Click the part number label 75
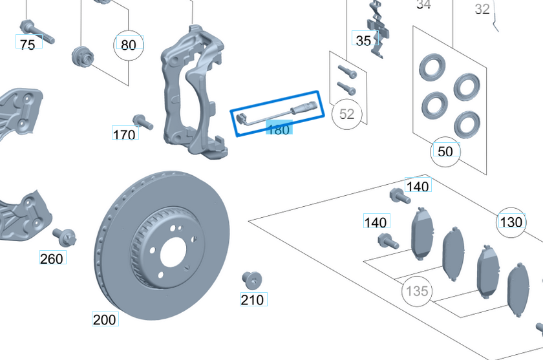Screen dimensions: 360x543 pos(28,44)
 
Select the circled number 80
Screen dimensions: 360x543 pos(129,45)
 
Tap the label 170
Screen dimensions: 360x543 pos(124,134)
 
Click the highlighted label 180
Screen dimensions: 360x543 pos(278,129)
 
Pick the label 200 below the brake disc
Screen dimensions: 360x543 pos(104,319)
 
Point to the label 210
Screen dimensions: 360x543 pos(252,299)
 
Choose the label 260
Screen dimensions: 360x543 pos(52,259)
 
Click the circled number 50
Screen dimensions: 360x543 pos(445,151)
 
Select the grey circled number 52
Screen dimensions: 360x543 pos(347,114)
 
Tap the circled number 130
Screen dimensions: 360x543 pos(511,222)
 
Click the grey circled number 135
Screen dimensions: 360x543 pos(417,291)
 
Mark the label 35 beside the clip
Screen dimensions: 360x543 pos(364,40)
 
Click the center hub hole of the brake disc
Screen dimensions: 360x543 pos(173,252)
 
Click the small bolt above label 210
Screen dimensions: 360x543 pos(251,280)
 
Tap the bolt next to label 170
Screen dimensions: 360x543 pos(142,122)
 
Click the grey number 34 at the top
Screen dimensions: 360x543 pos(423,5)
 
